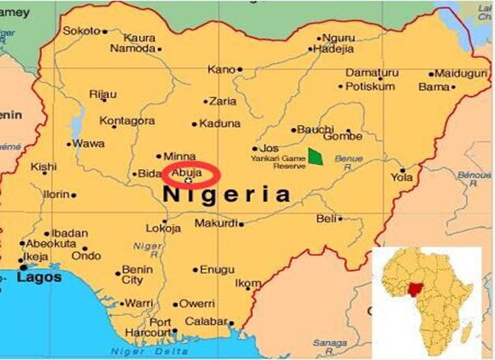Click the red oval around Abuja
[191, 174]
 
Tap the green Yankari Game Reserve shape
[315, 157]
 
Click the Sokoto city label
[81, 30]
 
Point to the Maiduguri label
[459, 73]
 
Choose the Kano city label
[220, 69]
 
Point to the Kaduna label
[220, 123]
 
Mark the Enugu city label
[217, 269]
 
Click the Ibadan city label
[69, 232]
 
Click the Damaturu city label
[372, 72]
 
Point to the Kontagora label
[126, 120]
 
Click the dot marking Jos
[254, 148]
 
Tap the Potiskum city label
[371, 86]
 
